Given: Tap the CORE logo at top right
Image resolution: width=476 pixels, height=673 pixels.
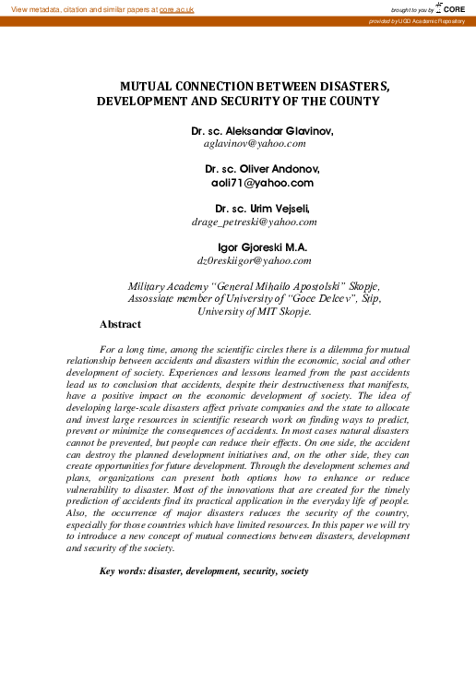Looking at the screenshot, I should [x=453, y=8].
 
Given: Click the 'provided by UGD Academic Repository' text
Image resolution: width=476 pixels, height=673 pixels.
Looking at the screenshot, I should [x=416, y=20].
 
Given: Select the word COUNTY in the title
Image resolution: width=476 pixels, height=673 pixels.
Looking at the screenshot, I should [x=354, y=101].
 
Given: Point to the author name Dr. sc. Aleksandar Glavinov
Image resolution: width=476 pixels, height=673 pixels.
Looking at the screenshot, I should [x=262, y=131].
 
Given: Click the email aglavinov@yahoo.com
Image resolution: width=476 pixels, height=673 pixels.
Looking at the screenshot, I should [x=254, y=144].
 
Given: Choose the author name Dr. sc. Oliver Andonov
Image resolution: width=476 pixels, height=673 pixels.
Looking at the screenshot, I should [x=262, y=170].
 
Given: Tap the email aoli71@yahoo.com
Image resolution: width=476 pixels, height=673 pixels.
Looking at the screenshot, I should [x=262, y=183].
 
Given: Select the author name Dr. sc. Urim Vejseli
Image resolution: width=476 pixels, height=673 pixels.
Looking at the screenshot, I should [x=262, y=209].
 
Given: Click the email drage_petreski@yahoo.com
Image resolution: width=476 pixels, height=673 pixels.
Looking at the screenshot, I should [x=254, y=222].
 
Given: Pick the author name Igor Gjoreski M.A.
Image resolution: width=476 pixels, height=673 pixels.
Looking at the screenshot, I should [x=262, y=247].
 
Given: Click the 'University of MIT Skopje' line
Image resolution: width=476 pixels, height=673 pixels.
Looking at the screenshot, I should [x=255, y=312].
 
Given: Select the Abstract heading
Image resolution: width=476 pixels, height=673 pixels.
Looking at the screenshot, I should [x=120, y=325].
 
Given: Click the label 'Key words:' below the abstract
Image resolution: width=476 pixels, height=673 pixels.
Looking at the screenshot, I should [x=122, y=571].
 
